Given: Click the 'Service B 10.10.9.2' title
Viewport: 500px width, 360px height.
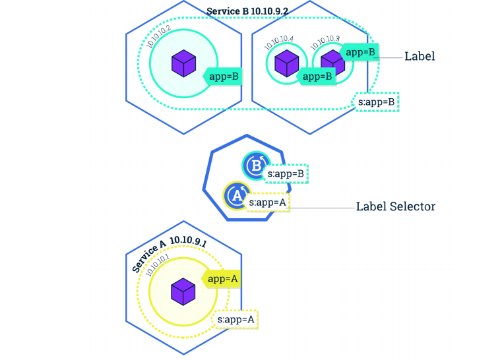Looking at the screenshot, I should (247, 11).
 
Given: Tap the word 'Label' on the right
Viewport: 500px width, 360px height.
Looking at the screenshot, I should (420, 57).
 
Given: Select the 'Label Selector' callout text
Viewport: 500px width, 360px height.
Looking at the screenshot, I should (396, 206).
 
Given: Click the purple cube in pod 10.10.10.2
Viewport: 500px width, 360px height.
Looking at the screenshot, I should (183, 63).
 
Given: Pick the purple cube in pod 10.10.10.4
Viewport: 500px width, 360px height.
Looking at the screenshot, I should (286, 64).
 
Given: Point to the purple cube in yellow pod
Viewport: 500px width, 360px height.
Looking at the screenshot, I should (183, 291).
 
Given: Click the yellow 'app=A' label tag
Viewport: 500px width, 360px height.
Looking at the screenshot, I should (222, 279).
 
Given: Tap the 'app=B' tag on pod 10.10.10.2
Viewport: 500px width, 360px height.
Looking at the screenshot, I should (223, 76).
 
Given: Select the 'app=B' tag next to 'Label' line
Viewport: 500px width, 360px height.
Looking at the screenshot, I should (360, 51).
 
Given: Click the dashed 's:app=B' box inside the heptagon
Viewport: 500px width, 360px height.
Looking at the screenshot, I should (286, 174).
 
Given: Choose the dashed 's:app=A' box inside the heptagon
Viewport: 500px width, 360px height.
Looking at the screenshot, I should (268, 202).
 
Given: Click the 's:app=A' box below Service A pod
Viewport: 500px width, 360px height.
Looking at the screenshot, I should (236, 320).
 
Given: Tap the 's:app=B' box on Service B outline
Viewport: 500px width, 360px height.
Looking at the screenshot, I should (377, 102).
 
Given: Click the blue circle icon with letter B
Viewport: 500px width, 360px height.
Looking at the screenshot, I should (255, 165).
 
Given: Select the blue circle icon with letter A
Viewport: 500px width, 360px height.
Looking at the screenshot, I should (235, 195).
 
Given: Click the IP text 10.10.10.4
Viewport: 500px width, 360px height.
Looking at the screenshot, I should (280, 43).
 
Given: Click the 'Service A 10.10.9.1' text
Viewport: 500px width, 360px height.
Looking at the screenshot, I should (169, 252).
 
